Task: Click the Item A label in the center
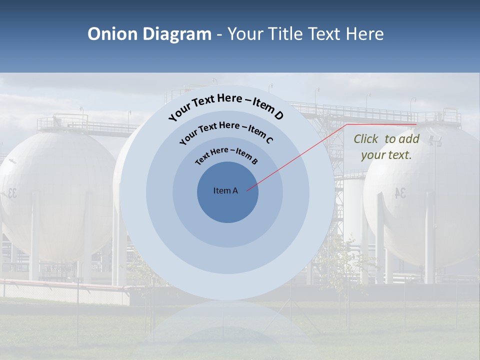tap(225, 190)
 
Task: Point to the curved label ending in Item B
tap(226, 155)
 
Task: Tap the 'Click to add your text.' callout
tap(386, 147)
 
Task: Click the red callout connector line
tap(300, 155)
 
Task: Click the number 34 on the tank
tap(400, 193)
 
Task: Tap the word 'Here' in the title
tap(364, 34)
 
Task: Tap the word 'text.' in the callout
tap(400, 155)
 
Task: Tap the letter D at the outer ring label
tap(278, 115)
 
